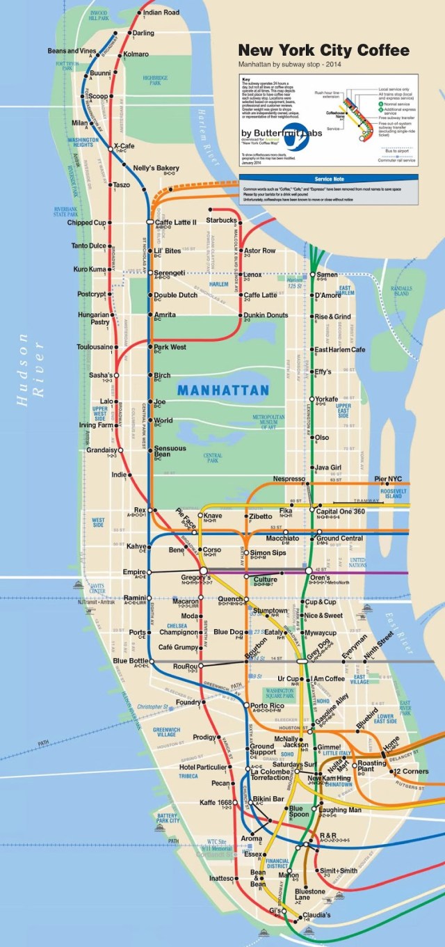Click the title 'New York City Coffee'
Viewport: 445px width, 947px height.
pyautogui.click(x=323, y=51)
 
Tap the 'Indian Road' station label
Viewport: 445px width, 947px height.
pyautogui.click(x=161, y=13)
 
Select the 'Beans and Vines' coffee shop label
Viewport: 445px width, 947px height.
pyautogui.click(x=72, y=51)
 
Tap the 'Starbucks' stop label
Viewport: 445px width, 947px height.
pyautogui.click(x=222, y=221)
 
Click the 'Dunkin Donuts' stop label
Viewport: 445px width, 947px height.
pyautogui.click(x=266, y=315)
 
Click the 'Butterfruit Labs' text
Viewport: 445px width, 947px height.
pyautogui.click(x=282, y=133)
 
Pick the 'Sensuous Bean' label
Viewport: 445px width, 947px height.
pyautogui.click(x=170, y=452)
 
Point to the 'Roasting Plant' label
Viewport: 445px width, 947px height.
pyautogui.click(x=371, y=766)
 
